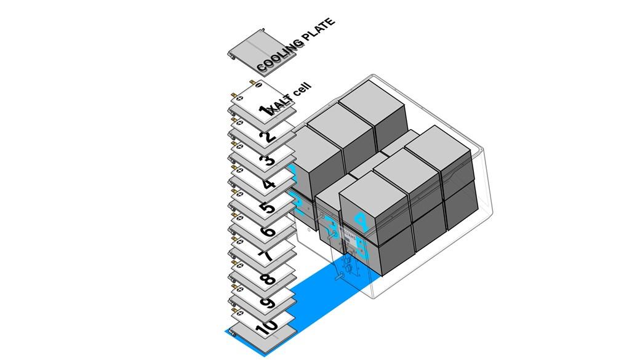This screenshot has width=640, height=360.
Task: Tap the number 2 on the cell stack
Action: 268,136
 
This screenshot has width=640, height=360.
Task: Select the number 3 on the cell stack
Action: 267,161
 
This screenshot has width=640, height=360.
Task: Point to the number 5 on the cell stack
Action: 268,208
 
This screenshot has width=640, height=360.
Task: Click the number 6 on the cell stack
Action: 268,232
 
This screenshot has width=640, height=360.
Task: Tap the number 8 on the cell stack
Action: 268,280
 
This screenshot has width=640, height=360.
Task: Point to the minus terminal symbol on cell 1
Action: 258,84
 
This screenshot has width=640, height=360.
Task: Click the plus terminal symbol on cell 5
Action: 239,194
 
